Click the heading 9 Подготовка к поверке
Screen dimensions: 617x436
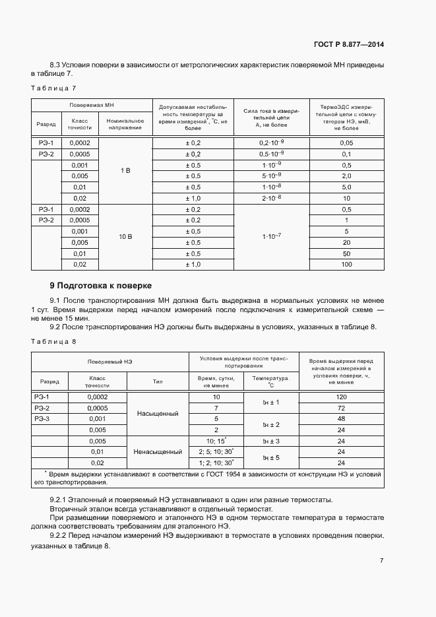pos(101,286)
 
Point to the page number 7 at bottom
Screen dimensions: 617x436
pos(381,560)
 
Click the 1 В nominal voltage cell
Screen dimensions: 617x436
pos(125,170)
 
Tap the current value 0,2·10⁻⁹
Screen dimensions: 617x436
pos(271,143)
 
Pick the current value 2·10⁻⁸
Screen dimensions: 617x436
pos(271,198)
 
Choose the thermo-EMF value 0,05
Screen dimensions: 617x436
pos(346,143)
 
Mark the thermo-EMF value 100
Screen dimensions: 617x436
pos(346,264)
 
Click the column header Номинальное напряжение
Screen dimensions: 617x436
pos(125,124)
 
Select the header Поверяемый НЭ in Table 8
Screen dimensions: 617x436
pos(110,362)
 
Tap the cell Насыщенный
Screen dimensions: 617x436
pos(158,414)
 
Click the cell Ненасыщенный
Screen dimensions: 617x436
pos(158,452)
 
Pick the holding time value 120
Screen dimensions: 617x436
pos(341,397)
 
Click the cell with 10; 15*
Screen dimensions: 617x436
pos(216,440)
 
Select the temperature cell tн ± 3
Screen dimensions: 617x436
pos(271,441)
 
